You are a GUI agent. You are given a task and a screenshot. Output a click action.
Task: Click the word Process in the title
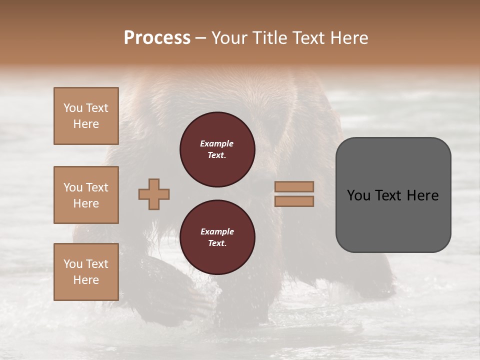[157, 38]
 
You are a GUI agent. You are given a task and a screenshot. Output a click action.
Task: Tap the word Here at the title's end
[348, 38]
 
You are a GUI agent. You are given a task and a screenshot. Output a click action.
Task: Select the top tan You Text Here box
[86, 116]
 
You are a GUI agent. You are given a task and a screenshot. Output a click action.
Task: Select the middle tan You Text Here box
[86, 195]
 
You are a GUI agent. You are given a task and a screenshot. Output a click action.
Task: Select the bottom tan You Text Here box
[86, 271]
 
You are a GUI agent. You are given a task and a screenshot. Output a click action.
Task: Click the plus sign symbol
[154, 194]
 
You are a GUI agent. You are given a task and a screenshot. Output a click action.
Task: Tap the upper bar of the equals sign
[294, 186]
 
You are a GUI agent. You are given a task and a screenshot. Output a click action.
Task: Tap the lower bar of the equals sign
[294, 201]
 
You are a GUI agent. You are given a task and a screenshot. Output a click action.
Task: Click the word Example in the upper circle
[217, 143]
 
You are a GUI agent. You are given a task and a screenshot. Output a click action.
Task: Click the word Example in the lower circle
[217, 231]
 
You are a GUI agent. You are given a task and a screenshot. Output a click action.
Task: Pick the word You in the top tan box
[72, 108]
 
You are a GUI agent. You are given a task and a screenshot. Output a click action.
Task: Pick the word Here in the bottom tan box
[86, 280]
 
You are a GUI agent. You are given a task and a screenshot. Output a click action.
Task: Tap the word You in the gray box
[358, 195]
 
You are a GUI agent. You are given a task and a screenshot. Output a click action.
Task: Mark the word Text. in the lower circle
[217, 243]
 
